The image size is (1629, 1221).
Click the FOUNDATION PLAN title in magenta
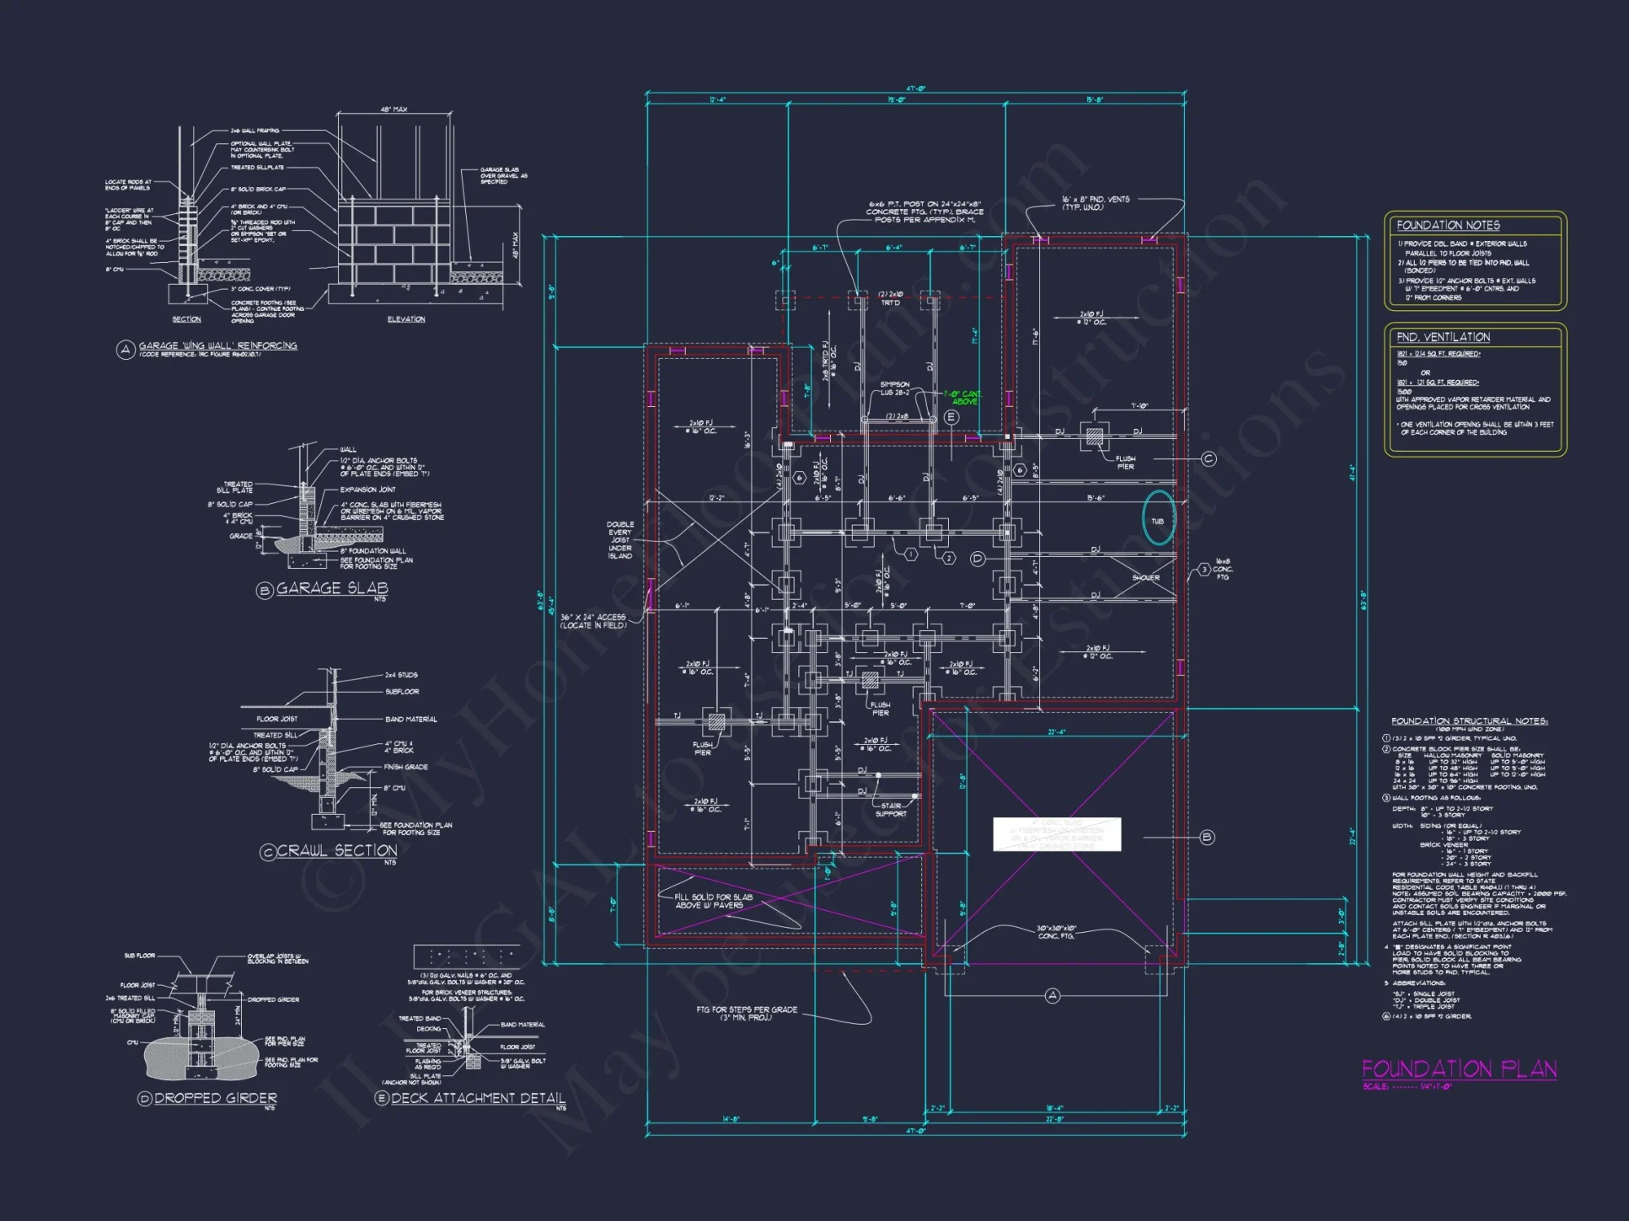click(x=1459, y=1069)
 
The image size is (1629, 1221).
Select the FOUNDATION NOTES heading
click(x=1447, y=225)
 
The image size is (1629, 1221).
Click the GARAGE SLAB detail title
click(x=332, y=589)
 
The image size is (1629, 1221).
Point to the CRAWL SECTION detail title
click(x=336, y=851)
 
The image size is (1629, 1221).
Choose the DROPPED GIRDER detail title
click(x=215, y=1098)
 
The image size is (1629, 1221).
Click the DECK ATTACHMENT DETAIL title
click(x=477, y=1098)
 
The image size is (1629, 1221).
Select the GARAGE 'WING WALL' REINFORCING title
click(x=217, y=346)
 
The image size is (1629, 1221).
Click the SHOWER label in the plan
click(x=1145, y=578)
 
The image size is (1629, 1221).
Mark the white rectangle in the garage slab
click(x=1056, y=834)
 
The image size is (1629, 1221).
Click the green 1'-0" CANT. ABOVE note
click(x=963, y=397)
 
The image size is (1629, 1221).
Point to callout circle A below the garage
click(x=1052, y=996)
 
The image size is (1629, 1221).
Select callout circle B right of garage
click(x=1206, y=837)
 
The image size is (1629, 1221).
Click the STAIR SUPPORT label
click(x=890, y=809)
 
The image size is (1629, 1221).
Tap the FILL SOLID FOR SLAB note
click(x=714, y=901)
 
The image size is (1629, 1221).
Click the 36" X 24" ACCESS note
click(x=593, y=621)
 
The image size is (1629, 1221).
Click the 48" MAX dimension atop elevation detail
click(x=394, y=109)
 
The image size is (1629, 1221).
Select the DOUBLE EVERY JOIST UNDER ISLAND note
click(x=620, y=540)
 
